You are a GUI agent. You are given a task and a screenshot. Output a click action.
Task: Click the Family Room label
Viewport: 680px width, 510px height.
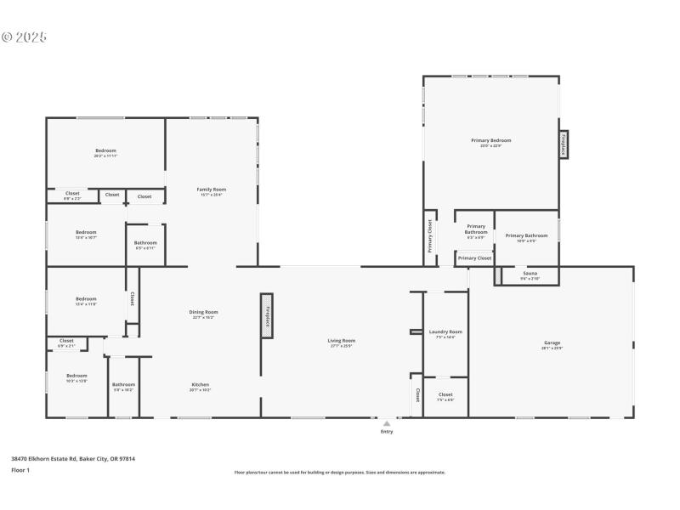click(212, 189)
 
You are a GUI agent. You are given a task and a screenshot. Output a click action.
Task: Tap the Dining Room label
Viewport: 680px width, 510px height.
click(203, 312)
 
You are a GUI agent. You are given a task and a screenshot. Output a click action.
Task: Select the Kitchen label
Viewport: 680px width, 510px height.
click(201, 384)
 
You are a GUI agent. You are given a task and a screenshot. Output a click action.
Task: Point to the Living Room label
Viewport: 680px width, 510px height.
click(341, 341)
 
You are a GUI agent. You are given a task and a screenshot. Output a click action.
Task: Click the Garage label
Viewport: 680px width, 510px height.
click(552, 343)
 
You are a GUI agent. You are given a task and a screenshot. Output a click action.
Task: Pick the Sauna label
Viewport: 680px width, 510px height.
click(530, 273)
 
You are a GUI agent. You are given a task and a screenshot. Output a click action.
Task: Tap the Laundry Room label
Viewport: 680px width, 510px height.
click(445, 331)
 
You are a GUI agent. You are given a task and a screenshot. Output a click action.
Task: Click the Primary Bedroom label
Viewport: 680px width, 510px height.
click(490, 140)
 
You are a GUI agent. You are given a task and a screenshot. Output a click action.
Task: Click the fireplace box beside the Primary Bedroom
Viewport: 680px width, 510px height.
click(563, 144)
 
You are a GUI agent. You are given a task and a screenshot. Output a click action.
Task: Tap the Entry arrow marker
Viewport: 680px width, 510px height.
click(387, 422)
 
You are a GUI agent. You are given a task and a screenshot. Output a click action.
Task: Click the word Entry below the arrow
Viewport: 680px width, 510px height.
click(387, 432)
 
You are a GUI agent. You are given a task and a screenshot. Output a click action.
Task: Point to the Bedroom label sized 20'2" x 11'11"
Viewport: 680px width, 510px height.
click(105, 150)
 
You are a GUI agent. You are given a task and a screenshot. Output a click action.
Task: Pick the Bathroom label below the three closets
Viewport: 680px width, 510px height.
click(145, 243)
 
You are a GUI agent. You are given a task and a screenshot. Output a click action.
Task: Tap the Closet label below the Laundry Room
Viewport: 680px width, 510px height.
click(445, 394)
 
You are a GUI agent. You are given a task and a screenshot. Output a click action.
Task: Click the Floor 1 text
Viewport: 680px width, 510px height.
click(20, 470)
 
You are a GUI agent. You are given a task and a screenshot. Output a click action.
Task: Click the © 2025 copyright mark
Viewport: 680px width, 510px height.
click(24, 37)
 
